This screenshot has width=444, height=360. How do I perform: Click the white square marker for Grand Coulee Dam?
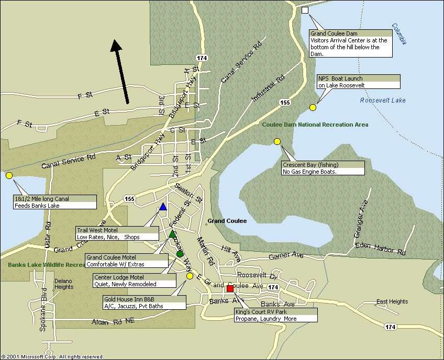tap(305, 10)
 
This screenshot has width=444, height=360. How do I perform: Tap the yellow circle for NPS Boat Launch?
tap(313, 107)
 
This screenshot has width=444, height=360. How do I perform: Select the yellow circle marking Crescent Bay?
tap(277, 141)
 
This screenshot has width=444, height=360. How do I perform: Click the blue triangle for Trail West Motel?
tap(163, 207)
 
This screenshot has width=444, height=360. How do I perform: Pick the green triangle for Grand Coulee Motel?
tap(172, 234)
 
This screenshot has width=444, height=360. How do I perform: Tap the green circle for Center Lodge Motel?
tap(180, 254)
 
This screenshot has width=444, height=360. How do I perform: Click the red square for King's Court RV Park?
tap(230, 288)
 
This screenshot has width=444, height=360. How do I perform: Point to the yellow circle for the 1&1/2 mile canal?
tap(9, 175)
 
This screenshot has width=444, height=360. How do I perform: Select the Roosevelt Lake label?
tap(383, 100)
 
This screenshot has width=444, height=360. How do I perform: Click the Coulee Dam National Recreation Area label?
tap(315, 125)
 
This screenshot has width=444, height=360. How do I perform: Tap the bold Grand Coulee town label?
tap(227, 221)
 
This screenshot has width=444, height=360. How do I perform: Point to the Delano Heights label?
tap(63, 284)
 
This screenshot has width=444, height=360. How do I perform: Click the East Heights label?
tap(392, 301)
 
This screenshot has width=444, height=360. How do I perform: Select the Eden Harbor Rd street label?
tap(380, 249)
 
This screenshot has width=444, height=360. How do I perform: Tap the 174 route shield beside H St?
tap(202, 58)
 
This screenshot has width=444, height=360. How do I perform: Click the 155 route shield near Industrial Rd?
tap(285, 103)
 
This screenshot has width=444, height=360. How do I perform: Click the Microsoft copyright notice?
tap(52, 356)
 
